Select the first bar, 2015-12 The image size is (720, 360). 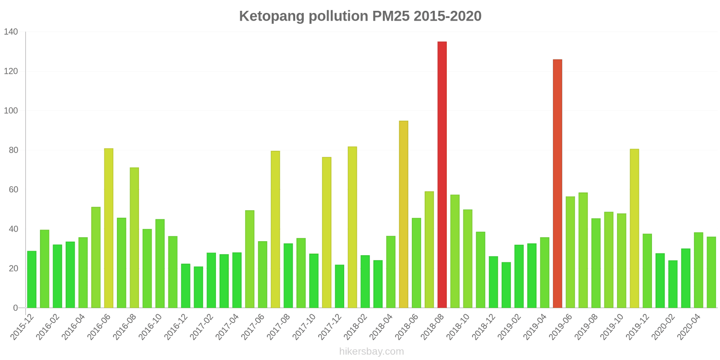coord(31,279)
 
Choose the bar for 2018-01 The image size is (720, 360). coord(352,227)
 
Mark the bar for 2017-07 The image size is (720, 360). coord(275,229)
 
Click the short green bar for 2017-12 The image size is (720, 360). coord(339,286)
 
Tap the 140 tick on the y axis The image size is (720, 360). coord(11,32)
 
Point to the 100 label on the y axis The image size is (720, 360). coord(11,111)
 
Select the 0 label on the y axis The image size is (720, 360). coord(16,308)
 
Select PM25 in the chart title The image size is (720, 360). coord(391,16)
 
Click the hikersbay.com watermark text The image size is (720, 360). coord(371,351)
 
